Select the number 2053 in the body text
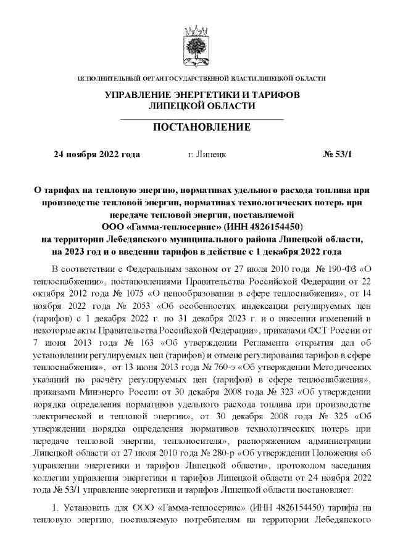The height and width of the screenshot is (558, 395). point(146,305)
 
